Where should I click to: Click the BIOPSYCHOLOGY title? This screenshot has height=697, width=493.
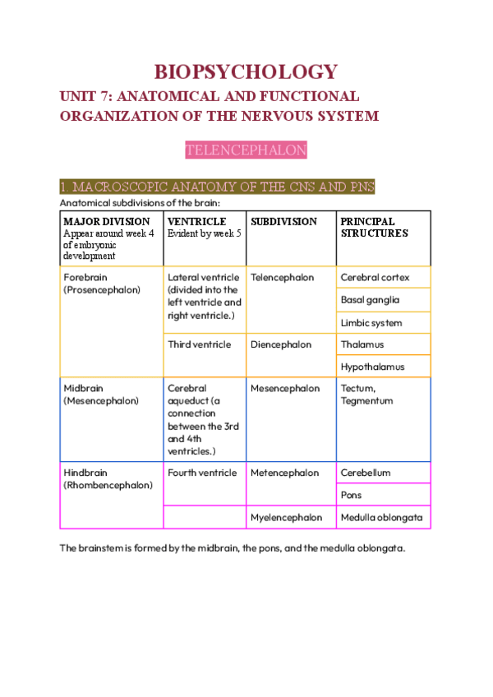coord(246,72)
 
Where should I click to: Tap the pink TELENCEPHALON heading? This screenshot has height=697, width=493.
coord(246,150)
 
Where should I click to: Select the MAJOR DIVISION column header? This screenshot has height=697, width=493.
coord(107,222)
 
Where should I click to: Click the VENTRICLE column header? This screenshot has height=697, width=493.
coord(197,222)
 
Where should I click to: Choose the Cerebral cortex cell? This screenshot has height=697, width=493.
coord(375,278)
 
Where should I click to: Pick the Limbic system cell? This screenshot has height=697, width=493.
coord(371,323)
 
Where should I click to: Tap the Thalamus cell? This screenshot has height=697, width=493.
coord(362,345)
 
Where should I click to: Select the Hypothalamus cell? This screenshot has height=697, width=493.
coord(372,367)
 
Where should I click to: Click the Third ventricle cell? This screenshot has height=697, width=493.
coord(200,345)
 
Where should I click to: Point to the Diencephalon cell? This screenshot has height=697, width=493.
coord(281,345)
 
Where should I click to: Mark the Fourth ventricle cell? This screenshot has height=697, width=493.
coord(202,473)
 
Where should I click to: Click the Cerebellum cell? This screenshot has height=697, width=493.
coord(366,473)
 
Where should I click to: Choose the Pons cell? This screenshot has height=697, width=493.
coord(353,496)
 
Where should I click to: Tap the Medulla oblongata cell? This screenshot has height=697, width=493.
coord(381,518)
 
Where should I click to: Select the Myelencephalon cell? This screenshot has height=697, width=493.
coord(286,518)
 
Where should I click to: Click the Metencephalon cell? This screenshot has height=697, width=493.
coord(284,473)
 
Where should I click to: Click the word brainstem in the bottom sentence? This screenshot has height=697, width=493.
coord(103,548)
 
